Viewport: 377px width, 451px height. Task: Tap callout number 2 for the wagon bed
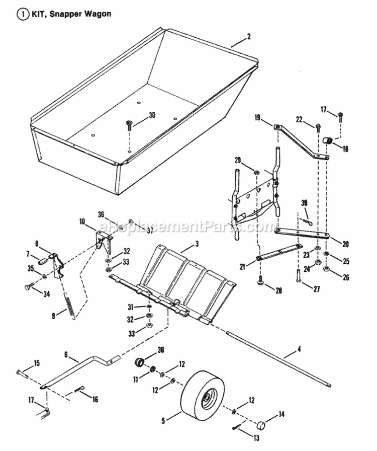click(x=248, y=37)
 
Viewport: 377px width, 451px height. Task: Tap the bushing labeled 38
click(x=140, y=362)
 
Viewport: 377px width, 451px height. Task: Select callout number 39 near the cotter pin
click(x=304, y=202)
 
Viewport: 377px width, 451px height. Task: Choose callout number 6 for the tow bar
click(x=66, y=355)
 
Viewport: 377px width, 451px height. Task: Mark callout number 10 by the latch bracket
click(x=82, y=221)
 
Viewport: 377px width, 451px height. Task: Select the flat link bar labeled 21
click(x=279, y=251)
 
